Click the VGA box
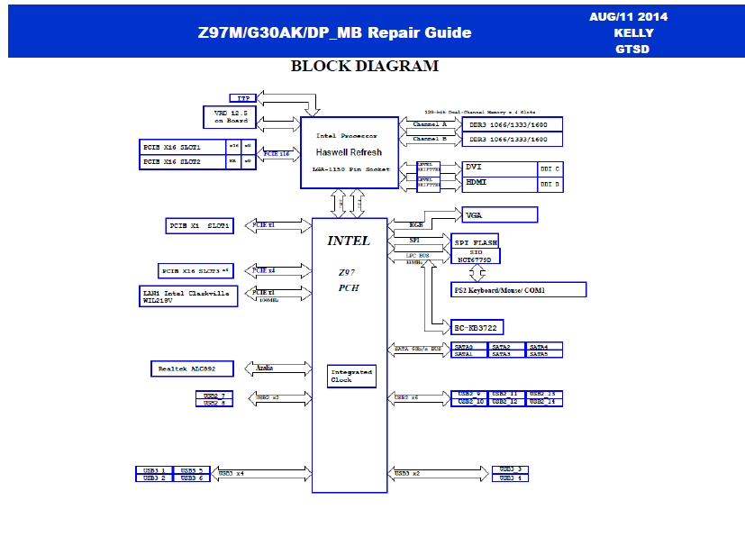click(499, 214)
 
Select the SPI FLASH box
click(474, 241)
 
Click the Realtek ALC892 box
click(191, 369)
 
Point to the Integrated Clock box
click(350, 376)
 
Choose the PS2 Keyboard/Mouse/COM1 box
click(518, 289)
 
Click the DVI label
click(475, 168)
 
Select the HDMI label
click(477, 183)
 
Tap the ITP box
click(242, 97)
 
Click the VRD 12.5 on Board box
click(230, 116)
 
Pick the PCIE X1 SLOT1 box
click(199, 225)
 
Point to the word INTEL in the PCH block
click(348, 241)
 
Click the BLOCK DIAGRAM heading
click(365, 67)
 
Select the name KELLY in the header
click(633, 33)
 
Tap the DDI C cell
click(550, 168)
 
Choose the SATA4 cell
click(544, 346)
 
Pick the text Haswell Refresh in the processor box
click(349, 153)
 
